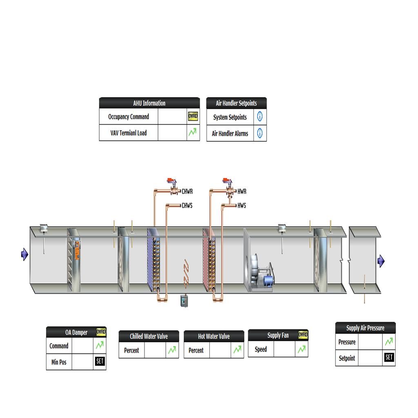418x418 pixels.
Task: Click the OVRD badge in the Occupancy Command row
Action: [x=193, y=117]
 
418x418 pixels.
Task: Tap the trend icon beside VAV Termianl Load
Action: [x=193, y=133]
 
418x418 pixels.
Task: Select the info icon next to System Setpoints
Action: [x=260, y=117]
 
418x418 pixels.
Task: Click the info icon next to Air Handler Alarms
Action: [x=260, y=133]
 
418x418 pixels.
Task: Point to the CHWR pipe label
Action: [x=187, y=191]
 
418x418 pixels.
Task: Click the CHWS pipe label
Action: [x=187, y=206]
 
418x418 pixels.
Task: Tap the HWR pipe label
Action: [x=242, y=191]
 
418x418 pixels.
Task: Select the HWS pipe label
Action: [x=242, y=206]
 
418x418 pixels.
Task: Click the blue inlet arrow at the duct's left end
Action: [x=24, y=254]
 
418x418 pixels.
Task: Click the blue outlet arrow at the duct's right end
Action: [x=381, y=261]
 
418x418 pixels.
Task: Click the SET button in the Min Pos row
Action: [x=100, y=361]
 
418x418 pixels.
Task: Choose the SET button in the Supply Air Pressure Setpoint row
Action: [x=389, y=358]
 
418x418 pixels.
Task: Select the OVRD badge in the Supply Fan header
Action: [x=303, y=335]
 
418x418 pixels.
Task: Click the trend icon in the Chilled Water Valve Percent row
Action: [x=172, y=350]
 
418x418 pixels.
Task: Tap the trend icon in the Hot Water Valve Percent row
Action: [x=237, y=350]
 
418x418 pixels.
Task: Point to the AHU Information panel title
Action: [x=149, y=103]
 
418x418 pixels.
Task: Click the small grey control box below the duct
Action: [x=184, y=301]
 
